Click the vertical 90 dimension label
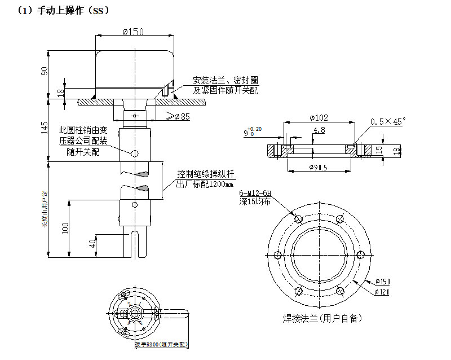45,71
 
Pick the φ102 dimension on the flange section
319,118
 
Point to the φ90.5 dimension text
319,168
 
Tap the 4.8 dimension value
319,130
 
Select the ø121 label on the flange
382,291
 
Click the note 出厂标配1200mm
205,184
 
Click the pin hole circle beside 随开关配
134,153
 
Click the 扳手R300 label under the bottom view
160,344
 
